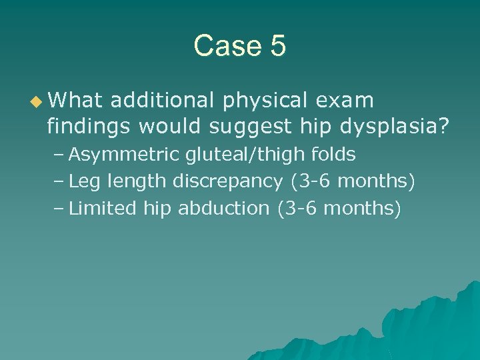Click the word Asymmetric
[x=124, y=155]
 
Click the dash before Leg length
[x=59, y=182]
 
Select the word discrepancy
[x=228, y=182]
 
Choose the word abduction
[x=224, y=208]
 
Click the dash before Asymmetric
[x=59, y=155]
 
